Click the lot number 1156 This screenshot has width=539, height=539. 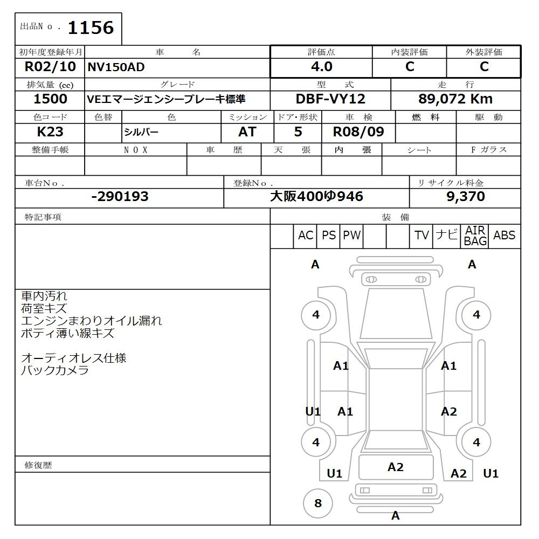pos(91,27)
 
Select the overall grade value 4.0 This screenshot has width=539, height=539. pos(322,66)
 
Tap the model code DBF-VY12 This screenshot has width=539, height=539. pos(330,99)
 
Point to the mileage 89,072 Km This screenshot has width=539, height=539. pos(455,99)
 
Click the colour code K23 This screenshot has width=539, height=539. pos(50,132)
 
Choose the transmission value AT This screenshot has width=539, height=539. pos(247,132)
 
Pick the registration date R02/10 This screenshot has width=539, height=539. pos(50,66)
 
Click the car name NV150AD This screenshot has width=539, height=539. pos(116,67)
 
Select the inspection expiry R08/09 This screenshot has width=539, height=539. pos(358,132)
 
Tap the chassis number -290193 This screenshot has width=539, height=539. pos(120,196)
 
